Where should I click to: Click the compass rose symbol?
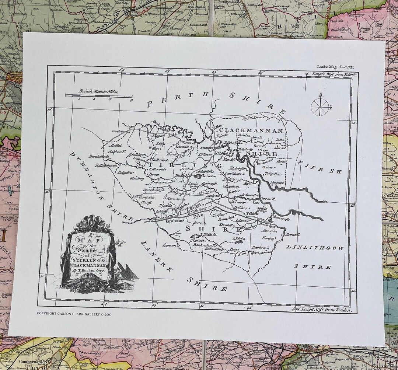coord(320,106)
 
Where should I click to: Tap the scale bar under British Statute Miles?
coord(98,95)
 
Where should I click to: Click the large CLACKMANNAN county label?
coord(251,130)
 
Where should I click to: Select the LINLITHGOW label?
coord(315,248)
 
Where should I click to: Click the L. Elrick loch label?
coord(239,238)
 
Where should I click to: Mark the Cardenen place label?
coord(120,131)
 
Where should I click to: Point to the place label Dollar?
coord(280,140)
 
